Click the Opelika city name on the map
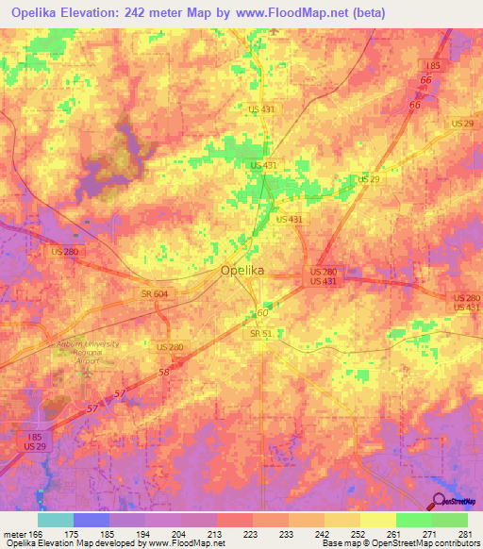pos(241,270)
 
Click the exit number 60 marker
pos(262,312)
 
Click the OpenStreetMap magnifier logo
pos(441,501)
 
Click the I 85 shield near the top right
pos(433,65)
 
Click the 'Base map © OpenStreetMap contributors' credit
pos(398,543)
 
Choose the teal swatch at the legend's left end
pos(56,520)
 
